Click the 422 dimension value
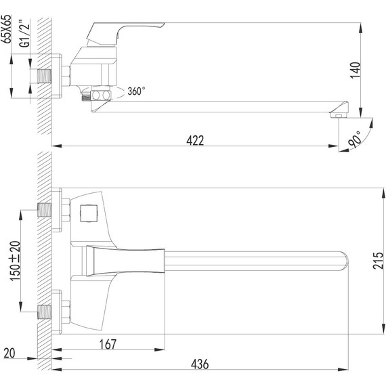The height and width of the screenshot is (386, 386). [x=196, y=140]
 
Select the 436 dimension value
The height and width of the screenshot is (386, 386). [x=200, y=364]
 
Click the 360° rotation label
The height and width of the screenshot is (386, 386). [x=135, y=91]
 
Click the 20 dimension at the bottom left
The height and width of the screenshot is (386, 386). [x=8, y=353]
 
